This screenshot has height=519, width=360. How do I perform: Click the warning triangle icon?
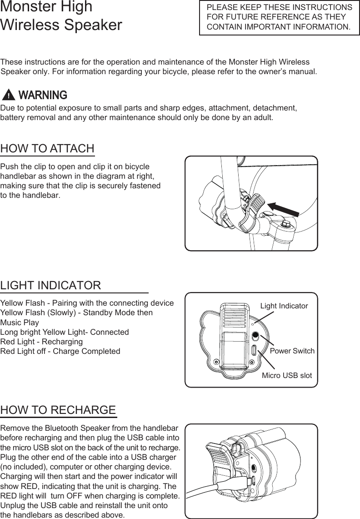click(8, 95)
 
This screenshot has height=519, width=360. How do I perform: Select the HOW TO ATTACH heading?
click(47, 149)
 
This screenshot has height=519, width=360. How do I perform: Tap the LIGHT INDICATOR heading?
click(50, 286)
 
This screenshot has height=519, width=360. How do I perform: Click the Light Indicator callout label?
click(284, 306)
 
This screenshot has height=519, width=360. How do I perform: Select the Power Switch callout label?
click(292, 351)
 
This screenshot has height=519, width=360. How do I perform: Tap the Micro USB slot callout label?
click(287, 375)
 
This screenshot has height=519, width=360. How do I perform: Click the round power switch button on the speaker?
click(255, 336)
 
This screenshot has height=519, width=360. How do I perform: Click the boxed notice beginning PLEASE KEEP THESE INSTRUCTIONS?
click(279, 17)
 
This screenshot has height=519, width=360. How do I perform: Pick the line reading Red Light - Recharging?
click(41, 342)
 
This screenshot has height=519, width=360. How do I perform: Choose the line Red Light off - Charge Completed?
click(60, 351)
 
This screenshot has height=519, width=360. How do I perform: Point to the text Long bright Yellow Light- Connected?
click(65, 332)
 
